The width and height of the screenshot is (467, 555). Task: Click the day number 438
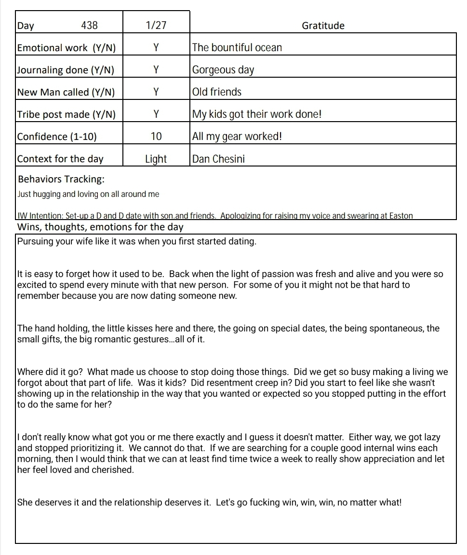(90, 26)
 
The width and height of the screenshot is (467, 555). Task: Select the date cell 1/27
(156, 26)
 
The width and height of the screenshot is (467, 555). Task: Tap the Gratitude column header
(323, 26)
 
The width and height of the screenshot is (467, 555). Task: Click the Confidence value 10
(156, 137)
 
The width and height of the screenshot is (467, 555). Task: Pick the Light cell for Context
(156, 159)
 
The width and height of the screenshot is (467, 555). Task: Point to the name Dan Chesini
(218, 159)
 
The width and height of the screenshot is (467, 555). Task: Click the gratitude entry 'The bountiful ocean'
(237, 48)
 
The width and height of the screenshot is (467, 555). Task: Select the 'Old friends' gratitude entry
(217, 92)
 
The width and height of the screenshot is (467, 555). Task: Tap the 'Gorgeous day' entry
(223, 70)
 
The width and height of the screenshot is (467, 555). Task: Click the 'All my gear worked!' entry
(237, 137)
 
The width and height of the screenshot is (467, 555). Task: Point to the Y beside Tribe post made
(156, 114)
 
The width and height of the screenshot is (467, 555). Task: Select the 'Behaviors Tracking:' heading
(61, 180)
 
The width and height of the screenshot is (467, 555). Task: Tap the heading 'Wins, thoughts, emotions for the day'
(100, 227)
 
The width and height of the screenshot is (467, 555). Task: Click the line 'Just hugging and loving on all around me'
(88, 194)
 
